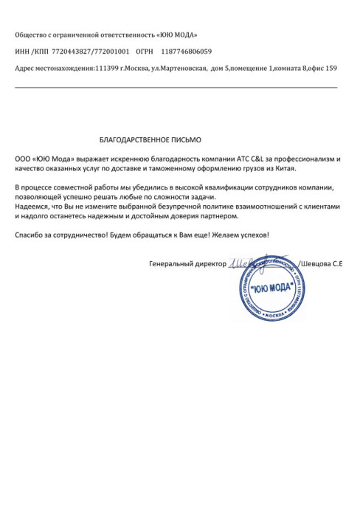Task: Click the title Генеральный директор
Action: click(187, 263)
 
